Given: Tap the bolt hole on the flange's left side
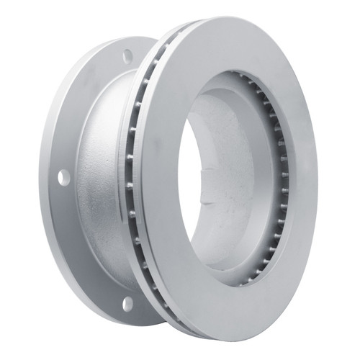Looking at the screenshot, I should coord(64,176).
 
